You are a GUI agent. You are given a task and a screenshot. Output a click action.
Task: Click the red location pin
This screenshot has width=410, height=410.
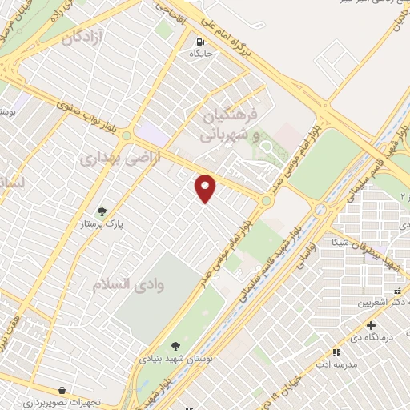(x=207, y=189)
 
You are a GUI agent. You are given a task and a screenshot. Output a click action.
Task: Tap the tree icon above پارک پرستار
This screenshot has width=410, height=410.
(x=102, y=211)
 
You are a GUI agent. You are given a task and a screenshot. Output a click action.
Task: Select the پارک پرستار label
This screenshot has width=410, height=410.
(x=102, y=225)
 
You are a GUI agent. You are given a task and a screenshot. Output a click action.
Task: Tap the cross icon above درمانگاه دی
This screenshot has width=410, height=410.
(x=371, y=325)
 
